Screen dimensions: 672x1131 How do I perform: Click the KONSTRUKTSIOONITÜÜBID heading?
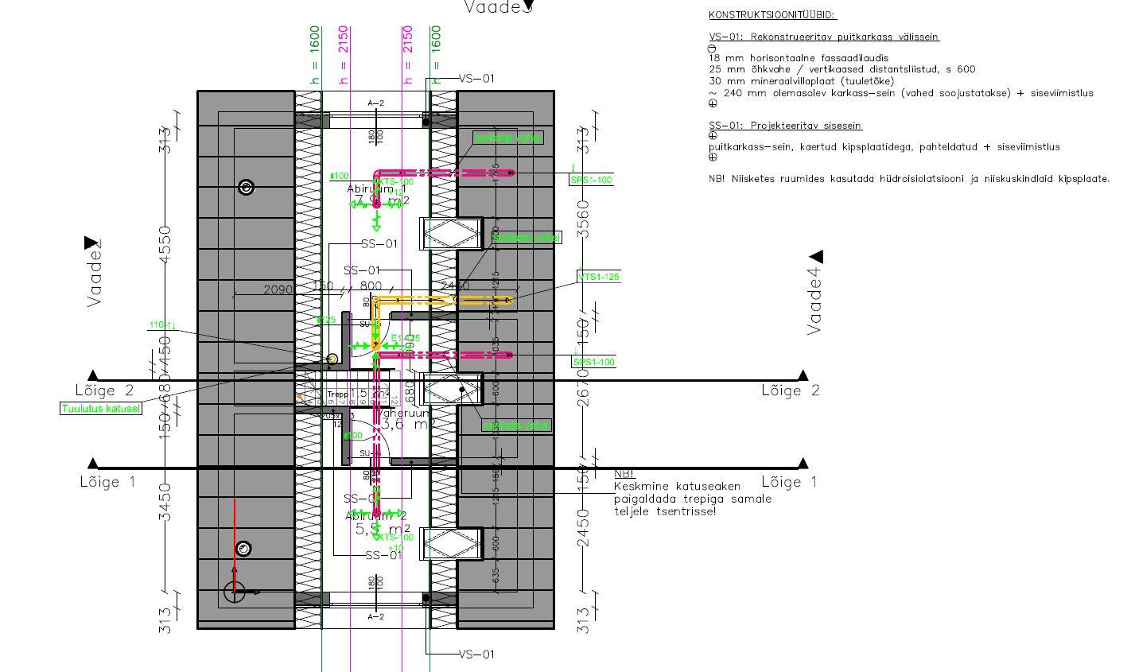[772, 15]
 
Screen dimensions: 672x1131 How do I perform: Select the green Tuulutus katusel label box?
[101, 409]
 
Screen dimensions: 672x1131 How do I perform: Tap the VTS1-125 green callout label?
[599, 277]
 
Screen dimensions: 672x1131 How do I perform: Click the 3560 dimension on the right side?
[585, 219]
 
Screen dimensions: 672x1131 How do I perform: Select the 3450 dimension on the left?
[165, 502]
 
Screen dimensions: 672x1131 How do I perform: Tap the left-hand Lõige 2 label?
[105, 390]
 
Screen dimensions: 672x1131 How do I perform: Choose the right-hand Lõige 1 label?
[789, 482]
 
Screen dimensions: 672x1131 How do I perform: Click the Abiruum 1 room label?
[376, 188]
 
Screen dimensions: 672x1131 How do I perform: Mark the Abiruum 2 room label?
[376, 515]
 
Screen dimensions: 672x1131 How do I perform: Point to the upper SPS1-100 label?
[592, 181]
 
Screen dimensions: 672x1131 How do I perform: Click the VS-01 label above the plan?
[476, 79]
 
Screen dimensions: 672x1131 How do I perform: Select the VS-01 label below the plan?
[476, 655]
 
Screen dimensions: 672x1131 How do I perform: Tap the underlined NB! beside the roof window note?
[624, 474]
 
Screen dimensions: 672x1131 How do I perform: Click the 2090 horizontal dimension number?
[278, 290]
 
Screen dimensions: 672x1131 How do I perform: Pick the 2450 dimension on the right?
[585, 529]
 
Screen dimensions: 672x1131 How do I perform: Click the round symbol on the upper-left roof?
[247, 187]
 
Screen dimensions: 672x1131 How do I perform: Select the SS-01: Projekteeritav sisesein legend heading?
[785, 126]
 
